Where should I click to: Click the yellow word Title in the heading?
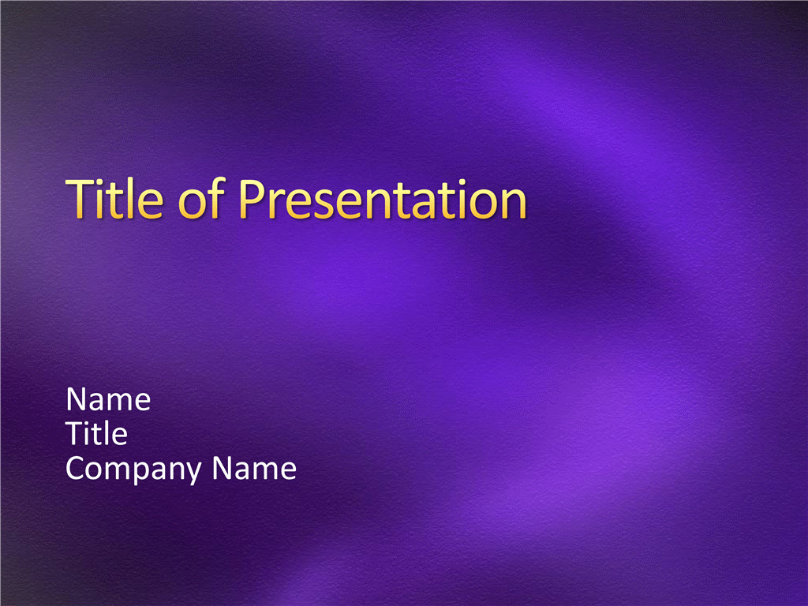click(x=114, y=198)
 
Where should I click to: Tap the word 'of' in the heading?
click(x=201, y=198)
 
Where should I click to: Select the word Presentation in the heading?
click(x=383, y=198)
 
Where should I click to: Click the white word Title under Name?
click(x=96, y=433)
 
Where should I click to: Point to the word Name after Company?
click(x=254, y=468)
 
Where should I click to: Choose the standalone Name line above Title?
click(x=108, y=399)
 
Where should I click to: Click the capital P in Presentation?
click(x=253, y=198)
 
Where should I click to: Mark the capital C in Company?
click(x=76, y=468)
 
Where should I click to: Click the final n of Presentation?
click(x=513, y=204)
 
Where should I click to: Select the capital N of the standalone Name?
click(x=77, y=399)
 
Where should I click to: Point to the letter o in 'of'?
click(x=192, y=204)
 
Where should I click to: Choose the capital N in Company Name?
click(x=223, y=468)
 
